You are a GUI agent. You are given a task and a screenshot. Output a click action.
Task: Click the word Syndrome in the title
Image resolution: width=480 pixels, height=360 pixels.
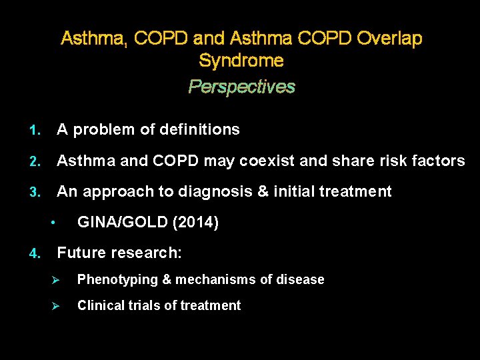coord(241,61)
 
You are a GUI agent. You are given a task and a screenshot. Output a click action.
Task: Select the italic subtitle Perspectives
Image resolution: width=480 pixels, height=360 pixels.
coord(241,87)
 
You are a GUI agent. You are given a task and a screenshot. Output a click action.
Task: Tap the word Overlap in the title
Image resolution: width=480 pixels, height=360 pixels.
coord(389,39)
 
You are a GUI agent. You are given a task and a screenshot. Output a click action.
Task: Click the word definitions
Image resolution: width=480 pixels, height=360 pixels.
coord(198,129)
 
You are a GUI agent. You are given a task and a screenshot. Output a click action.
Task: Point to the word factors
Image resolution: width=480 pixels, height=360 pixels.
coord(441,161)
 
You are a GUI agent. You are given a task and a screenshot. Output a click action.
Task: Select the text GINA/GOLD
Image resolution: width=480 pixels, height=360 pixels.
coord(123,223)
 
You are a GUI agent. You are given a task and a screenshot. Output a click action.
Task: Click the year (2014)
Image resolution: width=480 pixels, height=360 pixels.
coord(195,223)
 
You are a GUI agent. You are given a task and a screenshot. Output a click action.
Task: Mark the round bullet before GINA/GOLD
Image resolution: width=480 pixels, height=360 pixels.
coord(53,223)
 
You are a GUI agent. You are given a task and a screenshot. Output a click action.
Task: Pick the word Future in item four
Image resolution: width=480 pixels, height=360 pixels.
coord(80,253)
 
